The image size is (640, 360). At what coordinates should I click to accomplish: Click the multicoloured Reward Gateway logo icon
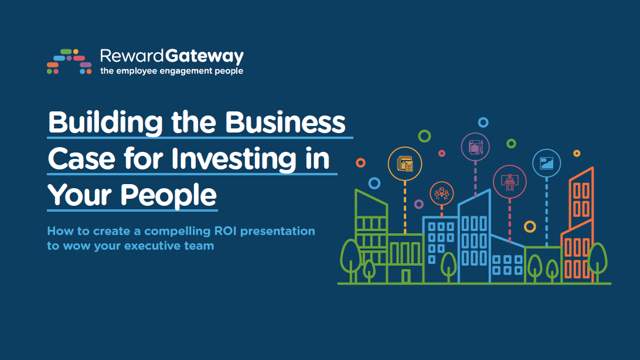point(69,62)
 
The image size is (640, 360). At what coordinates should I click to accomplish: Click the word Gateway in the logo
point(205,56)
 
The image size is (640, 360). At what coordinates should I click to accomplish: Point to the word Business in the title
point(285,123)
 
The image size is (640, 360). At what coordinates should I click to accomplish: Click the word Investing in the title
point(234,159)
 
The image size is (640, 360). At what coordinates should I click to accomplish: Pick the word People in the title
point(169,195)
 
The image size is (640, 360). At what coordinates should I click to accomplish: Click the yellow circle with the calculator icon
point(405,164)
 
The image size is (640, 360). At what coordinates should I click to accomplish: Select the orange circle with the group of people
point(442,193)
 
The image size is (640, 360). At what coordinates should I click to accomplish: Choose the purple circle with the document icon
point(475,147)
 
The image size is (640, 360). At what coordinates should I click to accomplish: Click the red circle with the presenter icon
point(510,182)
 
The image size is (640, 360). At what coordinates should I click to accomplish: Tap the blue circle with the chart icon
point(547,163)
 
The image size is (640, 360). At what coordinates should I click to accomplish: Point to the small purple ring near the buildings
point(419,204)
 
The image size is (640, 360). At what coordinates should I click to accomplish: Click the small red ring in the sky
point(442,154)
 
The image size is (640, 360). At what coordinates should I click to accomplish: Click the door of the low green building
point(406,276)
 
